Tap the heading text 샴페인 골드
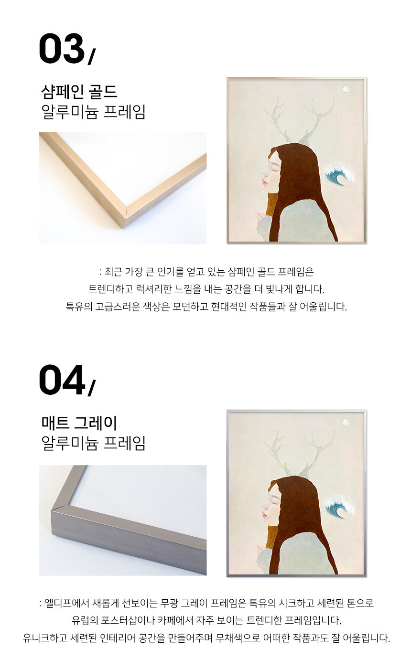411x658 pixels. click(79, 92)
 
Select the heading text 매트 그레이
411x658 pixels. click(79, 423)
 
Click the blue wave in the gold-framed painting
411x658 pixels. click(340, 175)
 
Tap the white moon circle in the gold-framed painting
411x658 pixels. click(345, 90)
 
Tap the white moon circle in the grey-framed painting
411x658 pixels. click(345, 423)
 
